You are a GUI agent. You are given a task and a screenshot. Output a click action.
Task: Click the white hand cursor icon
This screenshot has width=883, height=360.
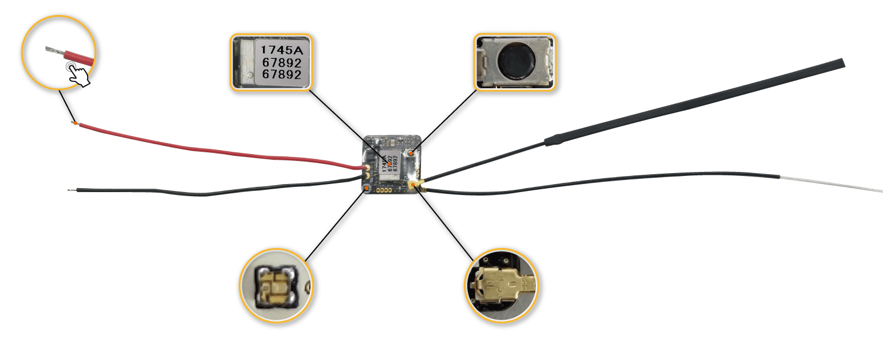pos(78,73)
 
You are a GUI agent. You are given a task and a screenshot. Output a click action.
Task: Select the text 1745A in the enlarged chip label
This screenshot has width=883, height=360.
pos(281,50)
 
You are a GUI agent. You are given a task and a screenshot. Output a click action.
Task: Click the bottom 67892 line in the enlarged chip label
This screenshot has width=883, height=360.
pos(281,74)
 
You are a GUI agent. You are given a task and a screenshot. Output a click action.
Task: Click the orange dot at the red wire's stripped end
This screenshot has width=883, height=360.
pos(75,123)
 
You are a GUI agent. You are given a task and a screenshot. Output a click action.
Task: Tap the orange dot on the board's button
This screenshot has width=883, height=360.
pos(411,153)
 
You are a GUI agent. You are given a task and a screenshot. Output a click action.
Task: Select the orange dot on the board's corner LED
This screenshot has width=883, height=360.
pos(367,188)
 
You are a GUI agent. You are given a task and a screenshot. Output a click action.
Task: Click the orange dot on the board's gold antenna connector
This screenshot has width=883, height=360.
pos(413,184)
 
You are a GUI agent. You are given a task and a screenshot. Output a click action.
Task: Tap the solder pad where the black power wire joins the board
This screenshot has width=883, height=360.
pos(367,177)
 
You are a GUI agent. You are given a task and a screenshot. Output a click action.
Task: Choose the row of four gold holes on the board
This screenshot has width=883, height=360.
pos(384,190)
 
